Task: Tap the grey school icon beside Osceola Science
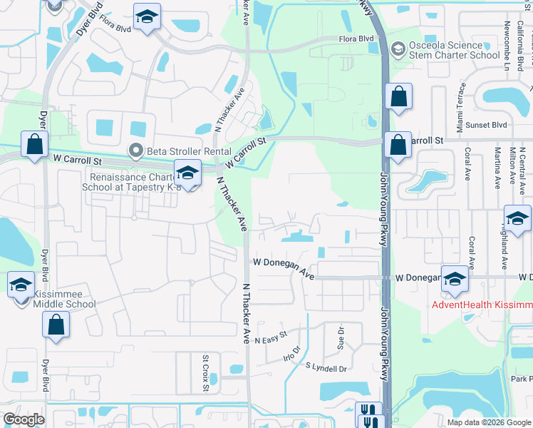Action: (x=398, y=49)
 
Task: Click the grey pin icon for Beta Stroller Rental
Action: (x=135, y=150)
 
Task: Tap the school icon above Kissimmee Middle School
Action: (x=21, y=285)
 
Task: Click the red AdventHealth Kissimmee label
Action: (x=482, y=305)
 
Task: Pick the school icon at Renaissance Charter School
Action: (x=187, y=173)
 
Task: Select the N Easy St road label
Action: (x=270, y=334)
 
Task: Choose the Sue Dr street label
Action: (x=341, y=335)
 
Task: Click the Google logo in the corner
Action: (x=24, y=419)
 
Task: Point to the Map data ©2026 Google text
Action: (x=489, y=422)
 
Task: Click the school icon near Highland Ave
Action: (x=517, y=218)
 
